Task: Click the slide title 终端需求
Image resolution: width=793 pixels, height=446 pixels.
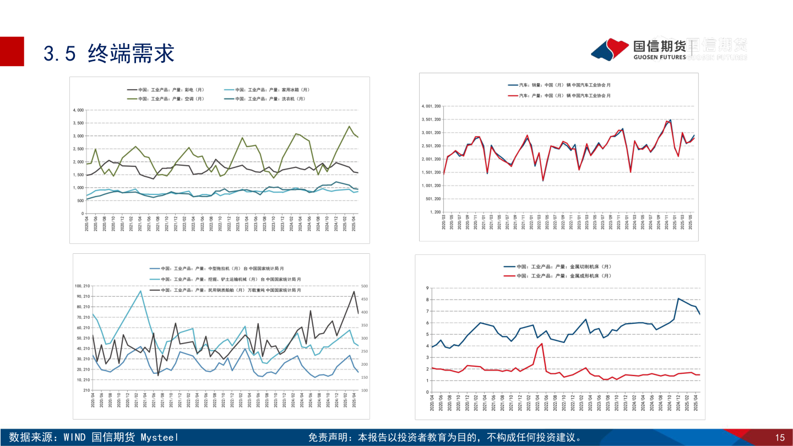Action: click(x=131, y=53)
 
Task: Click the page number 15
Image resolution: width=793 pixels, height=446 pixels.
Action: click(x=780, y=438)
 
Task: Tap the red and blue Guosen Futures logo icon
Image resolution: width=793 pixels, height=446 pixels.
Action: click(x=610, y=49)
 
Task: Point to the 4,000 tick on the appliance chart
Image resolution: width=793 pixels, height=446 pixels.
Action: click(x=78, y=110)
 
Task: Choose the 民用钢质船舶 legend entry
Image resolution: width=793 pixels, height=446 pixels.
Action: click(x=231, y=290)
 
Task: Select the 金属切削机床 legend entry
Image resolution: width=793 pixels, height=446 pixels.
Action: click(x=562, y=266)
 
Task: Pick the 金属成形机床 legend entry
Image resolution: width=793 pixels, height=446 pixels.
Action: click(x=562, y=275)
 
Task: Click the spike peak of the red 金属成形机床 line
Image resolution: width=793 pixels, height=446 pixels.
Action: click(x=542, y=344)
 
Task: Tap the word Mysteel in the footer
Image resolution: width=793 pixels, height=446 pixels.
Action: click(x=160, y=438)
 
